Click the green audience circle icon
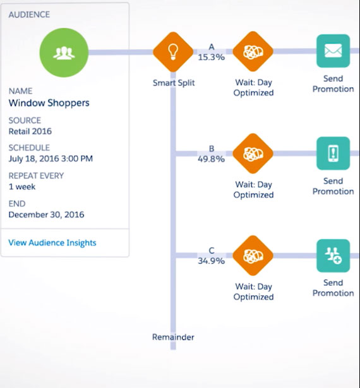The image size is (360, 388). pyautogui.click(x=64, y=52)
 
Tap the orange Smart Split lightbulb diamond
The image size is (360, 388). pyautogui.click(x=173, y=52)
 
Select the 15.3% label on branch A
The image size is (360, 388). pyautogui.click(x=212, y=57)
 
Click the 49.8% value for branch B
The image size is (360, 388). pyautogui.click(x=212, y=159)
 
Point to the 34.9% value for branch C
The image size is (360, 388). pyautogui.click(x=212, y=261)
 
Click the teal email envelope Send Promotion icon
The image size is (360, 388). pyautogui.click(x=333, y=51)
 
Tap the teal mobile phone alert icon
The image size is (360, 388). pyautogui.click(x=333, y=153)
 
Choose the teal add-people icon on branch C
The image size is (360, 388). pyautogui.click(x=333, y=256)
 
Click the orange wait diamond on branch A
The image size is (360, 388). pyautogui.click(x=253, y=52)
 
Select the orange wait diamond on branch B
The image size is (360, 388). pyautogui.click(x=253, y=153)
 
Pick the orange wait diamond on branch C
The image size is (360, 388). pyautogui.click(x=253, y=256)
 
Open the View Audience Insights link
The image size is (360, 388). pyautogui.click(x=52, y=243)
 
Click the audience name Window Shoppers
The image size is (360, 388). pyautogui.click(x=49, y=103)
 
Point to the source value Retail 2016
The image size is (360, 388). pyautogui.click(x=30, y=131)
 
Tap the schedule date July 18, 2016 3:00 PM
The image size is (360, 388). pyautogui.click(x=51, y=158)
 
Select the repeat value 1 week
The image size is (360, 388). pyautogui.click(x=22, y=187)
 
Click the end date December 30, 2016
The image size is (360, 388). pyautogui.click(x=46, y=215)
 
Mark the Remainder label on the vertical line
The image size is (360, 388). pyautogui.click(x=173, y=337)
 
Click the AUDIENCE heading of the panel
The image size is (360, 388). pyautogui.click(x=29, y=15)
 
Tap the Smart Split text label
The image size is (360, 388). pyautogui.click(x=174, y=83)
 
